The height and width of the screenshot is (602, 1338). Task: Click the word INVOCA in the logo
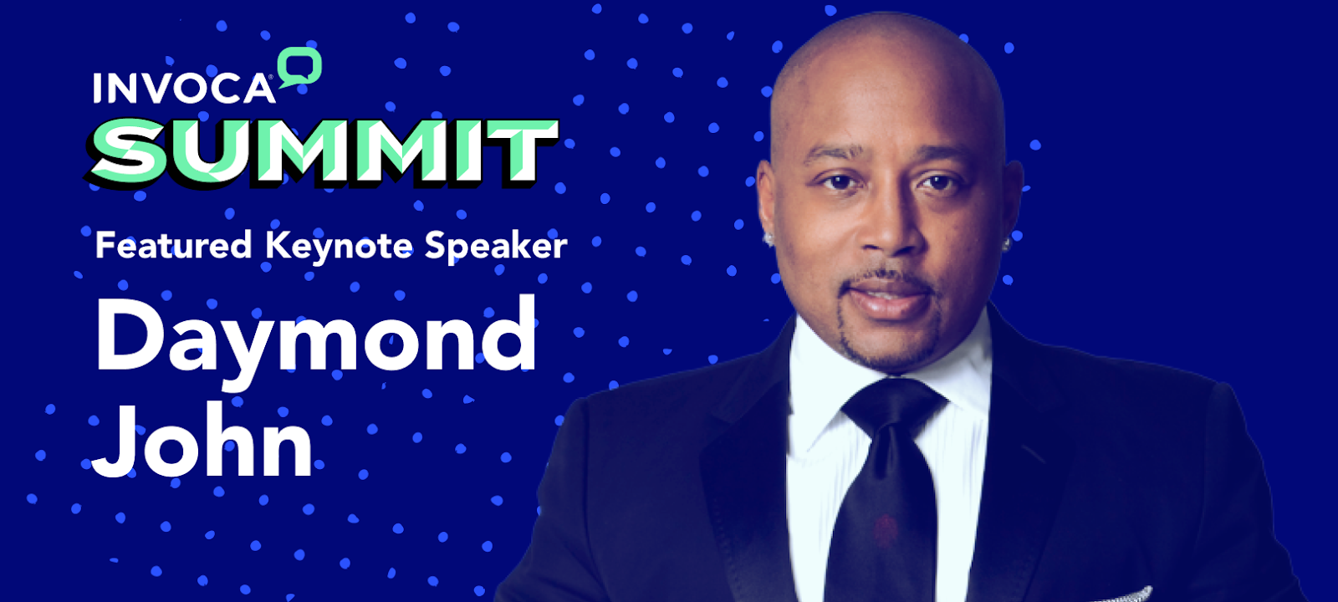[x=184, y=89]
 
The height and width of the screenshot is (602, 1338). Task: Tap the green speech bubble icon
[x=300, y=67]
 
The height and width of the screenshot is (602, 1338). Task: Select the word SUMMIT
[x=323, y=151]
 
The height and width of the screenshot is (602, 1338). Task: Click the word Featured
[x=173, y=245]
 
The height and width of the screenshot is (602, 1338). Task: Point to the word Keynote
[x=339, y=246]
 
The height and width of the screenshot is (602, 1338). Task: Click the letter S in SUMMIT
[x=126, y=151]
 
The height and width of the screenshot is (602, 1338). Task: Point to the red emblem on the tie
[x=886, y=530]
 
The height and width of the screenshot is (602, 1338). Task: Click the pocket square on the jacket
[x=1118, y=594]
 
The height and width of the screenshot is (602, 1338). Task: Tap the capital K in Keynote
[x=278, y=245]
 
